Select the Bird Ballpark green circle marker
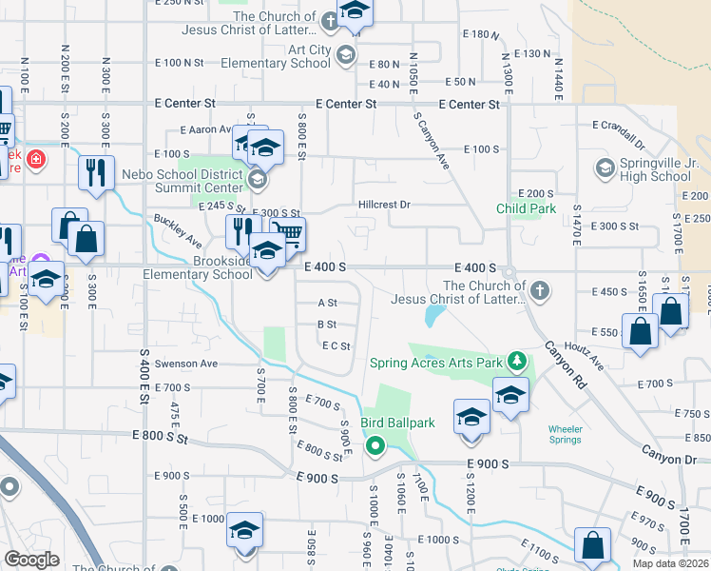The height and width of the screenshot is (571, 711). tap(375, 443)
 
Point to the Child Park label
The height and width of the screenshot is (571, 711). tap(526, 208)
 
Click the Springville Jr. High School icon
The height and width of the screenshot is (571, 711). tap(604, 168)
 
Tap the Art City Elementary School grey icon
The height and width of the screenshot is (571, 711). tap(345, 55)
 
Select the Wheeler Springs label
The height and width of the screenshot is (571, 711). tap(565, 434)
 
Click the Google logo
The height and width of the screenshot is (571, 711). tap(31, 560)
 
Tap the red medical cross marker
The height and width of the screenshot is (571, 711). tap(35, 159)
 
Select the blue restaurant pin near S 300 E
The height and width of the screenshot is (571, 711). tap(96, 172)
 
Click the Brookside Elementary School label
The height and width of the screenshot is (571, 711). tap(206, 267)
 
